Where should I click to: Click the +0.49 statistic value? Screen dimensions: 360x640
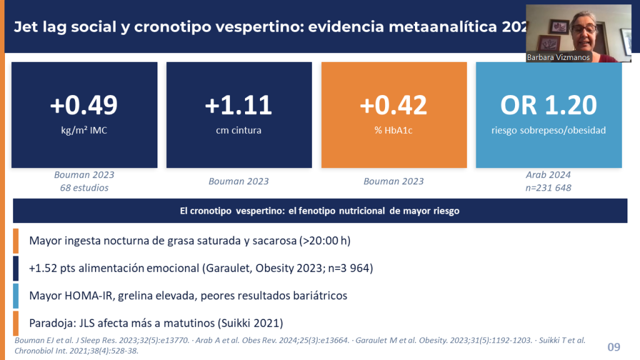(x=84, y=105)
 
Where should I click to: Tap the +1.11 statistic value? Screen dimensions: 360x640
(x=238, y=105)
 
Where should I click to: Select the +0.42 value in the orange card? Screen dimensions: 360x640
(x=393, y=105)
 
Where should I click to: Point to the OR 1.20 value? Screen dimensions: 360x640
(x=548, y=105)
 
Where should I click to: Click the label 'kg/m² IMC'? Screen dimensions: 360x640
(x=84, y=131)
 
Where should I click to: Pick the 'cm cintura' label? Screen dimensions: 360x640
(x=238, y=131)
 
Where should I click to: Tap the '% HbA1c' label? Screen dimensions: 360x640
(x=393, y=131)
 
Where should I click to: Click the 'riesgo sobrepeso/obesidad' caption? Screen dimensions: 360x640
(x=548, y=131)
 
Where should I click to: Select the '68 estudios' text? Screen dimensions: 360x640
(x=84, y=187)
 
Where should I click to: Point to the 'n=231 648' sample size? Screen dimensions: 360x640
(x=548, y=187)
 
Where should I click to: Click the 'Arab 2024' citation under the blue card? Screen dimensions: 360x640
(x=548, y=175)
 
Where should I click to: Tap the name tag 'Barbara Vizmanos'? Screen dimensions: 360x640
(x=559, y=57)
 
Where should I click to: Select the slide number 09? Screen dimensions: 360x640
(x=614, y=346)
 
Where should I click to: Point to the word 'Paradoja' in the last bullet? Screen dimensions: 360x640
(x=51, y=323)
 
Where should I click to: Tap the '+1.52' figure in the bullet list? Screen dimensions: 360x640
(x=42, y=267)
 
